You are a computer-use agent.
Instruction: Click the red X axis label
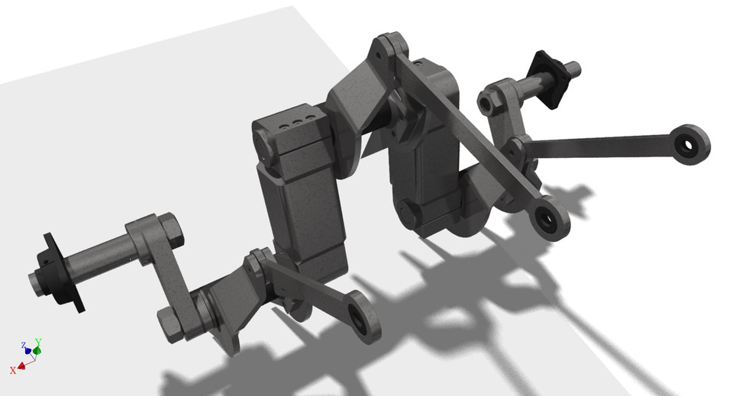(13, 370)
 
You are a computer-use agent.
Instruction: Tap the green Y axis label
(38, 343)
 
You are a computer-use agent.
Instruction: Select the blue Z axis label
(24, 345)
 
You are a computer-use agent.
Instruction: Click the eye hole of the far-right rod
(689, 143)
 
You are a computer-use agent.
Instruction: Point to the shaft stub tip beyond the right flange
(575, 69)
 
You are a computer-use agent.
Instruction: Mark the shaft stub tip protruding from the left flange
(35, 282)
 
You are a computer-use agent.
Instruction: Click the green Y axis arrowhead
(36, 350)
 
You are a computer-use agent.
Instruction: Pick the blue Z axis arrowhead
(27, 351)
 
